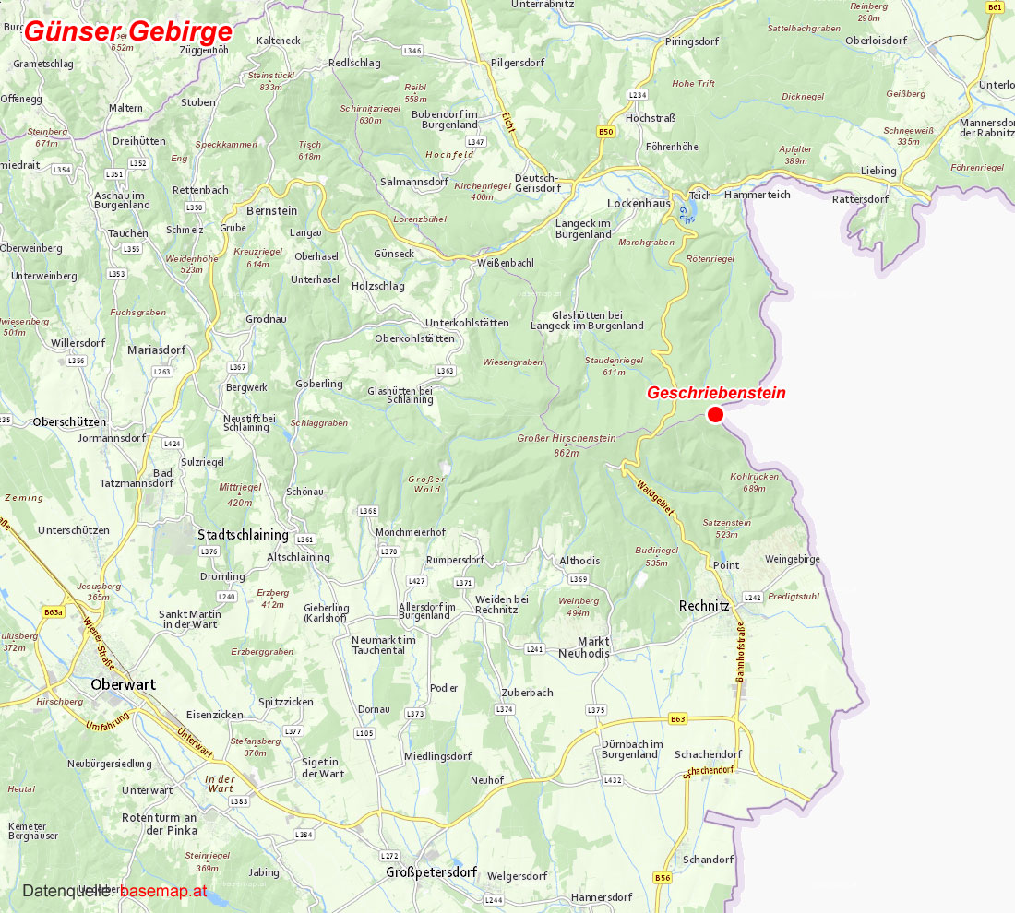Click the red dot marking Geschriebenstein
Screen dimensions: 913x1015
715,415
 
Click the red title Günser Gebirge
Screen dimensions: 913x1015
127,30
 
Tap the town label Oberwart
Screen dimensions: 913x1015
124,684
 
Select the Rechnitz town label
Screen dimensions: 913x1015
704,606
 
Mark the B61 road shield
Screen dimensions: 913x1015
995,7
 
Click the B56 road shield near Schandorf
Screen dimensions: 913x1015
663,878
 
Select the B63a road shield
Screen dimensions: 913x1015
54,611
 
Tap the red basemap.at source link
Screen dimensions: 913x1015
162,891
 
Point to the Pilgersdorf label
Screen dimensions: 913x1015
518,63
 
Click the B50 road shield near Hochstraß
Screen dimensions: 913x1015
605,132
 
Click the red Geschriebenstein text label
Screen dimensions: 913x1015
716,393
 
